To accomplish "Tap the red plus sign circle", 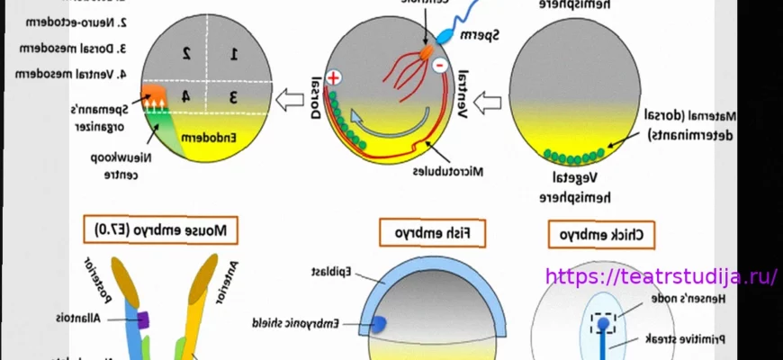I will pos(333,78).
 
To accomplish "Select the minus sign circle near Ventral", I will pos(438,66).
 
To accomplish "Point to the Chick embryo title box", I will pos(601,236).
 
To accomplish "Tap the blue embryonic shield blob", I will pos(379,323).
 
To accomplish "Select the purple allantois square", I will pos(142,319).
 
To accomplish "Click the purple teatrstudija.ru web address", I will pos(661,276).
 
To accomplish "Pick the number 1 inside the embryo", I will pos(234,54).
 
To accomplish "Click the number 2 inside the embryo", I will pos(186,53).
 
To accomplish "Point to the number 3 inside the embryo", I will pos(233,95).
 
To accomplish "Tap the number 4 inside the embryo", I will pos(184,95).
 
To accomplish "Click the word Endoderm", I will pos(208,138).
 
